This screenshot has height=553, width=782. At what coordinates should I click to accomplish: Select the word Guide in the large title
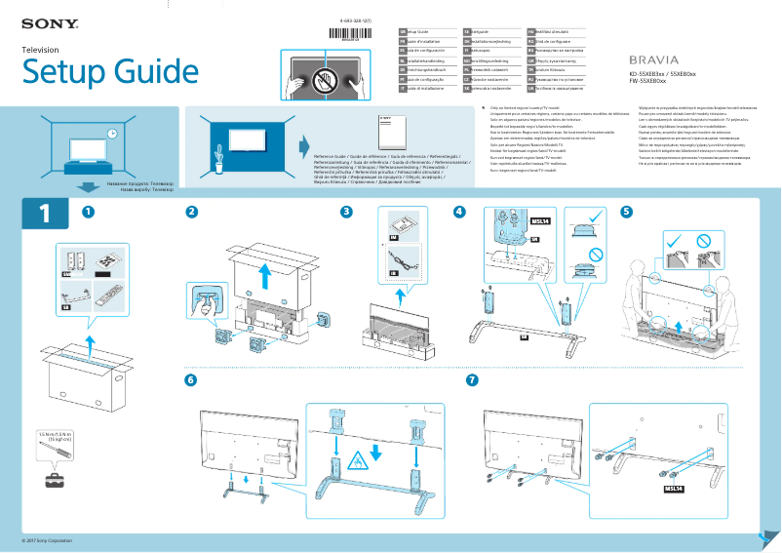pos(141,71)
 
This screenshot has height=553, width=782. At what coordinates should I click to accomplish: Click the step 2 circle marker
pos(192,212)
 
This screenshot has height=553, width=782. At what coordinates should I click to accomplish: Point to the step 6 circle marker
pos(191,379)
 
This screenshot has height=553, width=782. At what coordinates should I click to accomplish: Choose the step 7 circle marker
pos(473,379)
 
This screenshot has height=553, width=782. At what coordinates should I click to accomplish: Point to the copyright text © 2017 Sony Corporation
pos(48,539)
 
